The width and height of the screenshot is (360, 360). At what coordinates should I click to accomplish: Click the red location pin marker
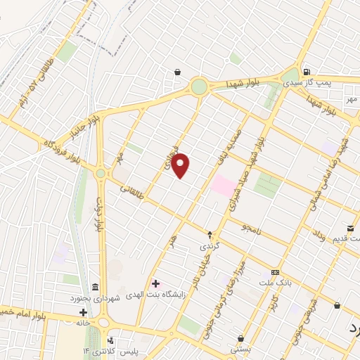tap(181, 165)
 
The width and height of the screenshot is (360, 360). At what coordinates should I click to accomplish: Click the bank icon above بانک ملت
tap(275, 272)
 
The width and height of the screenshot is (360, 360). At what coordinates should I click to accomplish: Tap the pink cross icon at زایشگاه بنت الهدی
tap(155, 283)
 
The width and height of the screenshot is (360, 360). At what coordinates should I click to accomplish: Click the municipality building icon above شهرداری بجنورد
tap(94, 286)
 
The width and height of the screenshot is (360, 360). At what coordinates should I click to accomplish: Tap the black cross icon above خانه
tap(83, 312)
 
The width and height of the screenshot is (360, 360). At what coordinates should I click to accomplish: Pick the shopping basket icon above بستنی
tap(240, 338)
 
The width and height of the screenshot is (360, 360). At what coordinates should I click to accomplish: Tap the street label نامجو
tap(250, 227)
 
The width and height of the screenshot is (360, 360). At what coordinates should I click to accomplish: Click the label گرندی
tap(210, 247)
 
